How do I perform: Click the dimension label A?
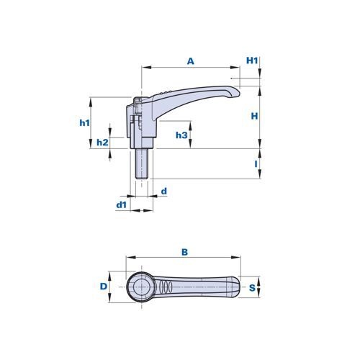pyautogui.click(x=190, y=61)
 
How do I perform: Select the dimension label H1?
pyautogui.click(x=252, y=60)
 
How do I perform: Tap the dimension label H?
pyautogui.click(x=254, y=116)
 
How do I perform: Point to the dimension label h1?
pyautogui.click(x=84, y=123)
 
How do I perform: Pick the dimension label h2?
pyautogui.click(x=102, y=143)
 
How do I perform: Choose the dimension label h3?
pyautogui.click(x=181, y=135)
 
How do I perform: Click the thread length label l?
pyautogui.click(x=256, y=164)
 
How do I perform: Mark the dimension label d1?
pyautogui.click(x=121, y=205)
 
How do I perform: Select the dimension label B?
pyautogui.click(x=184, y=252)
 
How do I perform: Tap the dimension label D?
pyautogui.click(x=104, y=287)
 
